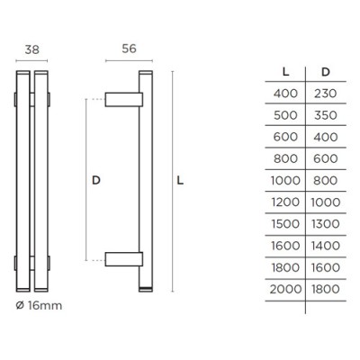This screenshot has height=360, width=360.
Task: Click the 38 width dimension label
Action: click(32, 49)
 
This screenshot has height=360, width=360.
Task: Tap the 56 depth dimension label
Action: click(129, 49)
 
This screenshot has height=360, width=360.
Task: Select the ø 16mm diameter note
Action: click(39, 306)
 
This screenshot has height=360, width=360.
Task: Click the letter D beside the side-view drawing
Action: click(96, 180)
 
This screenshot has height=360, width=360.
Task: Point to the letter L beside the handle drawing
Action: click(180, 180)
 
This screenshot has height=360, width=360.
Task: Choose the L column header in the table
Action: click(285, 72)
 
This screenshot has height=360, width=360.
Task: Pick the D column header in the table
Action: click(326, 72)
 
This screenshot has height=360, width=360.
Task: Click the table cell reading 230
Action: click(326, 94)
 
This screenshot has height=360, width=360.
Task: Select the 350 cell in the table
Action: click(326, 115)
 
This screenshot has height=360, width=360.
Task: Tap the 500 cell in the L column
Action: click(285, 115)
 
